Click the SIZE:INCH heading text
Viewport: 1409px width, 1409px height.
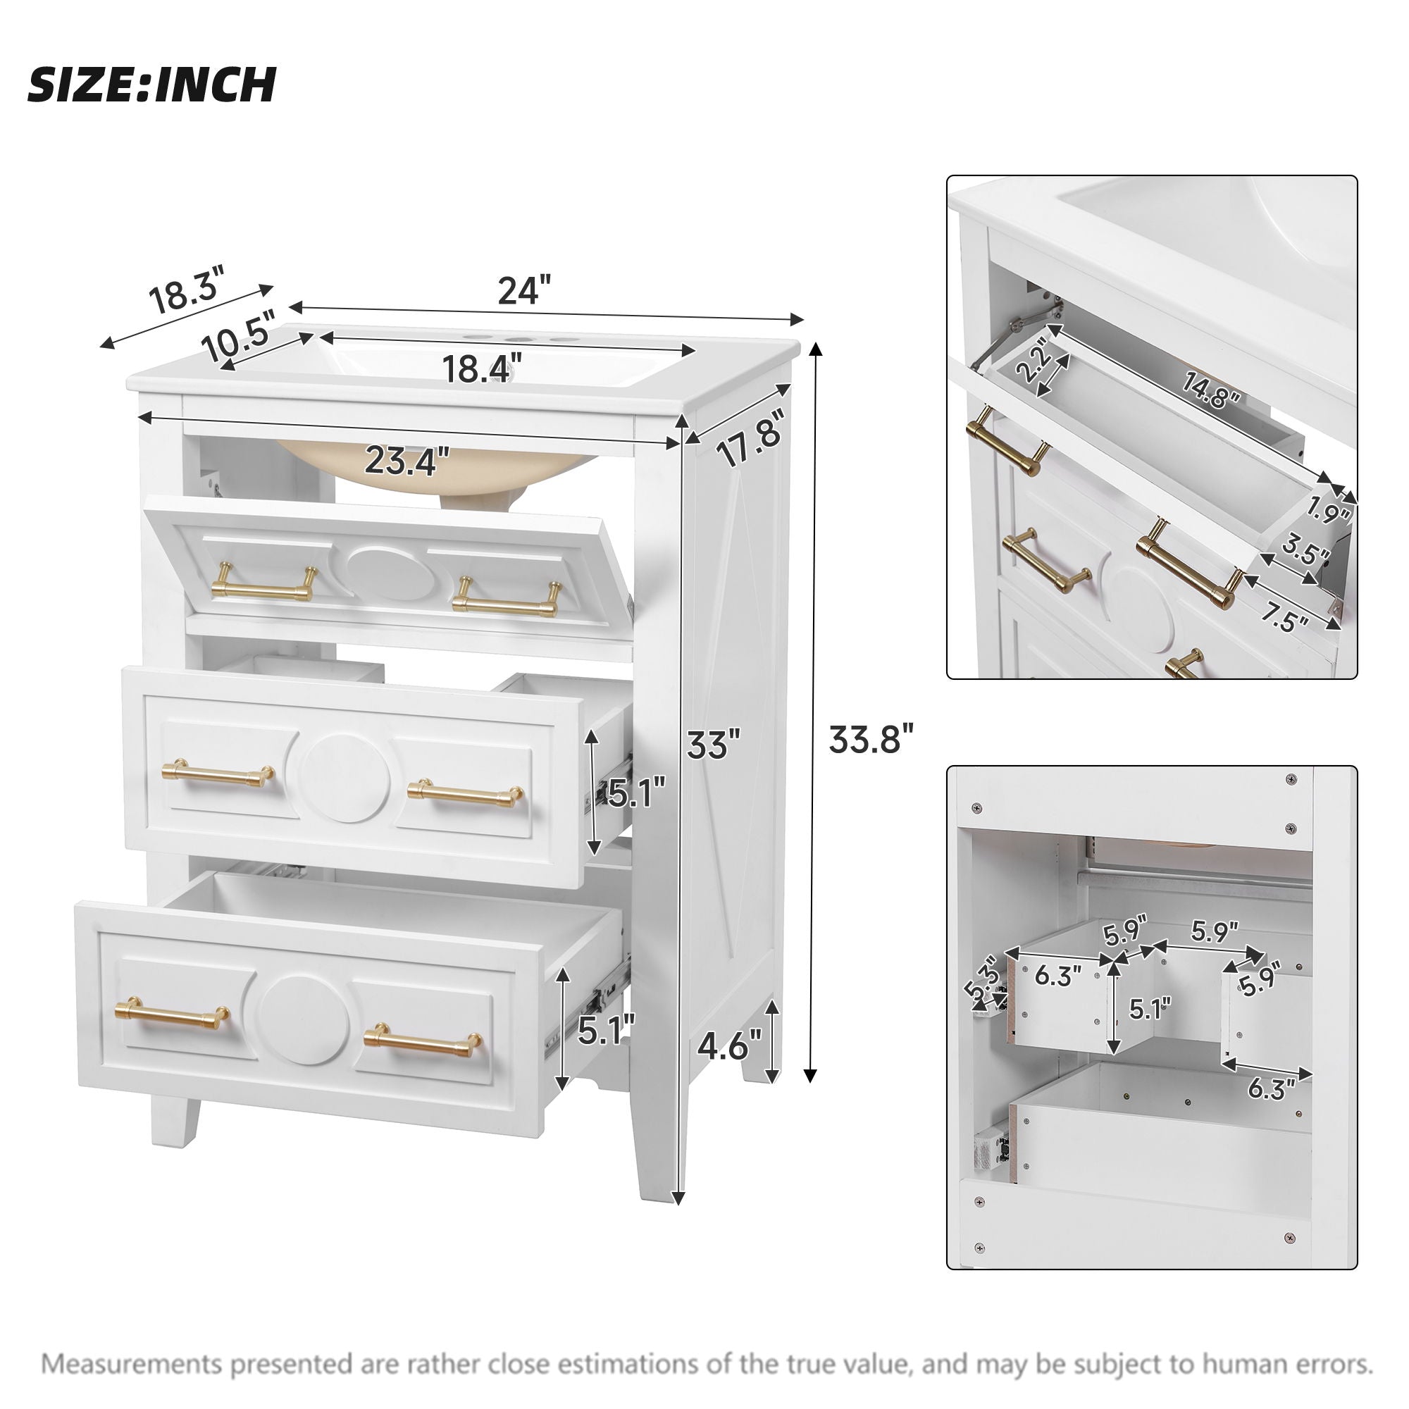point(151,85)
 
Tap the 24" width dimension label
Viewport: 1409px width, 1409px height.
point(523,290)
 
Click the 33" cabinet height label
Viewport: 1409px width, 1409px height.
point(713,745)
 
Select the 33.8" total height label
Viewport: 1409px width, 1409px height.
point(871,740)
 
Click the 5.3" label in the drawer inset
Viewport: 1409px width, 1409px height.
point(981,981)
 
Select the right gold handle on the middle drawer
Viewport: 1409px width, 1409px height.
point(465,792)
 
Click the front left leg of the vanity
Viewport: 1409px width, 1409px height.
point(175,1119)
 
